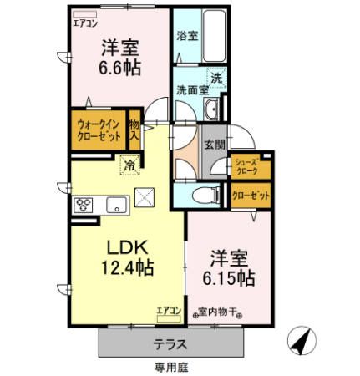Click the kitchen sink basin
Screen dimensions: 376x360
coord(115,203)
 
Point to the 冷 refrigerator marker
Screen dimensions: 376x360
coord(129,165)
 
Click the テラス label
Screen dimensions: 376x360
coord(170,343)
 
